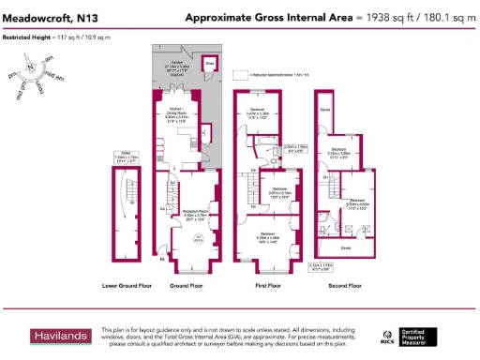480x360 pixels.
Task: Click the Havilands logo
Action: [x=61, y=336]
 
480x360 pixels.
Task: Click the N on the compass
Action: [x=32, y=67]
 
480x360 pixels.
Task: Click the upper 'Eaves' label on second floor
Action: [x=325, y=109]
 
